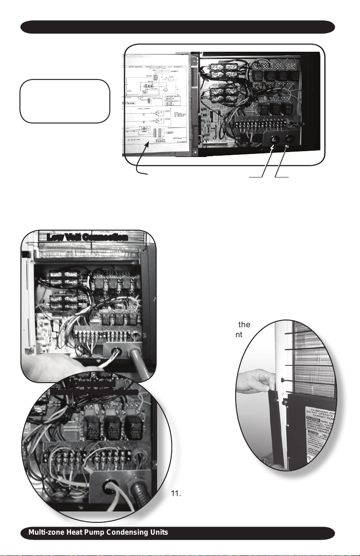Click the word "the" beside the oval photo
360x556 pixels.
pos(245,325)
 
